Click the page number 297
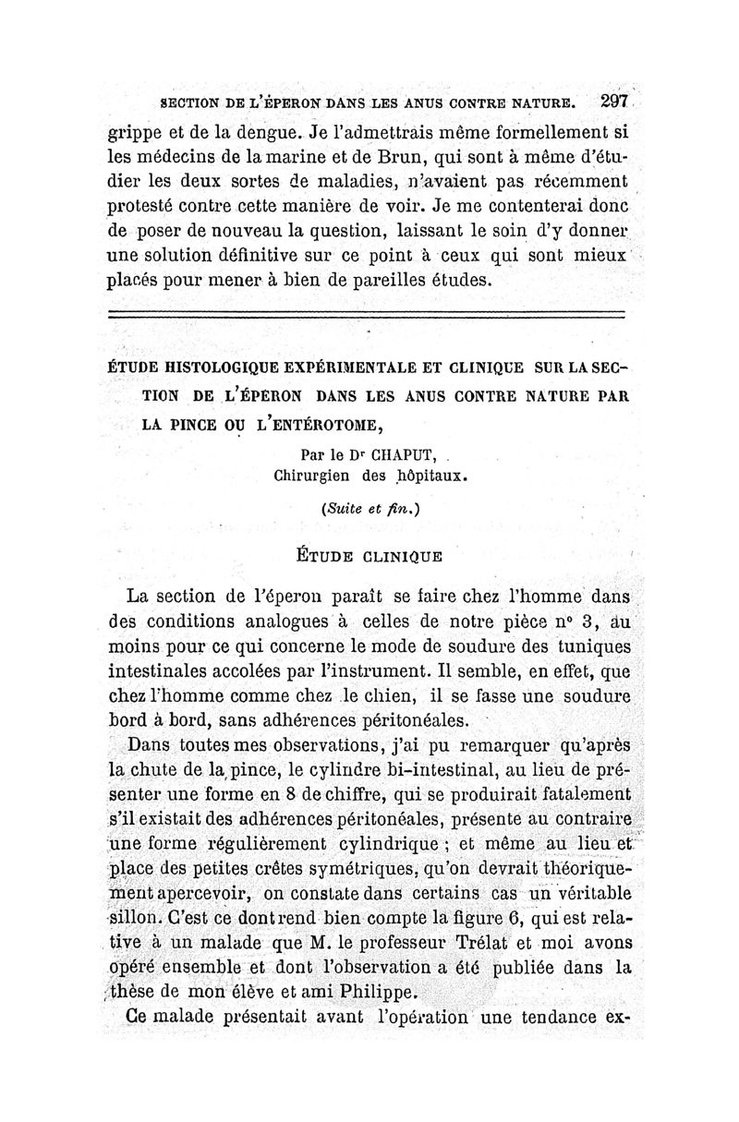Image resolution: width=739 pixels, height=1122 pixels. tap(613, 103)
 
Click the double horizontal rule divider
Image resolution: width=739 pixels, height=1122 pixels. tap(366, 318)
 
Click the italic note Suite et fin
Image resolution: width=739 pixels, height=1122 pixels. tap(366, 509)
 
